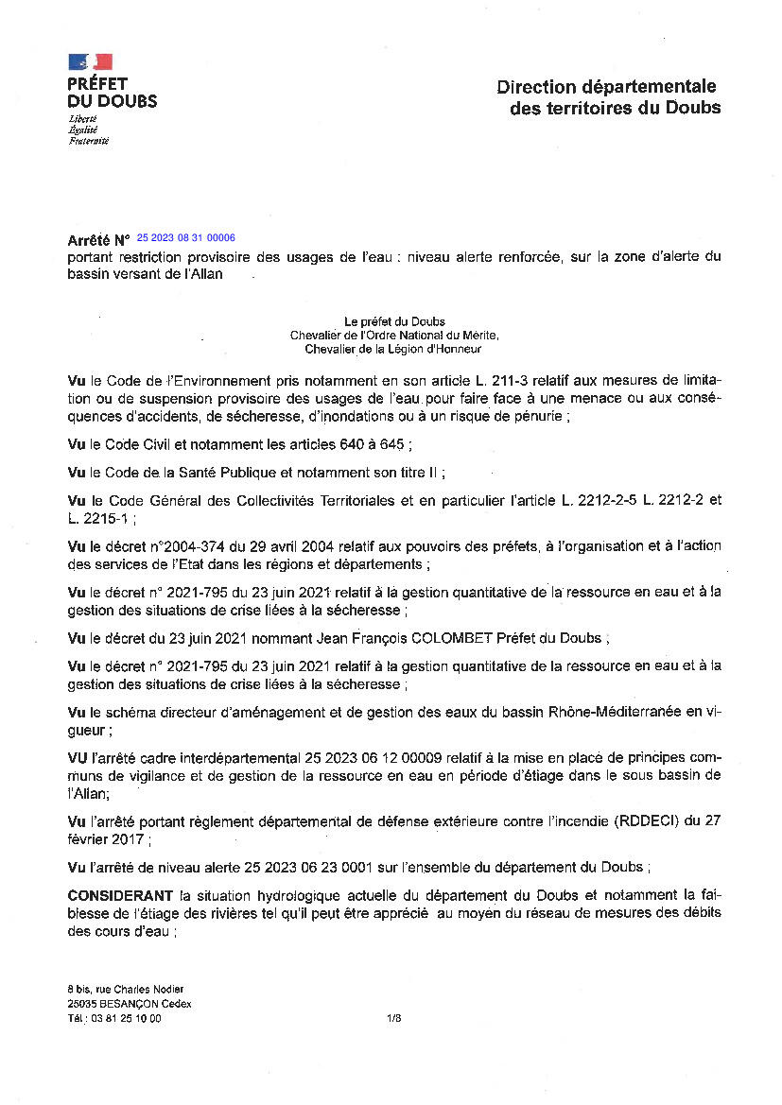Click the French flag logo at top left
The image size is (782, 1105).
point(90,62)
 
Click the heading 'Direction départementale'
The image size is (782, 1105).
point(606,87)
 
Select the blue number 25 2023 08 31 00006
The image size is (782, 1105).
point(186,238)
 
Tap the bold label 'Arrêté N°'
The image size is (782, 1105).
point(98,241)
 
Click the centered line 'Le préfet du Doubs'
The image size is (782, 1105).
point(395,322)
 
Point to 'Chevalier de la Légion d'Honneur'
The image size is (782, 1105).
point(393,349)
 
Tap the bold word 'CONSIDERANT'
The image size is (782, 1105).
point(120,895)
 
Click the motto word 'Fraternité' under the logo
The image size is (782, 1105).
point(89,141)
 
